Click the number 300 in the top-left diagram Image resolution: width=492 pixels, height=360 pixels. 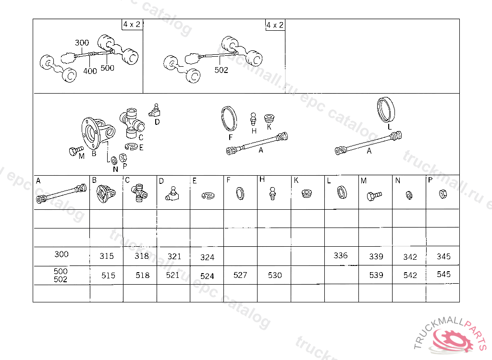[82, 43]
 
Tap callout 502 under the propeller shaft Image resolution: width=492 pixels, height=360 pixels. [221, 70]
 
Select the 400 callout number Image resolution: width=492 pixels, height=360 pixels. [90, 71]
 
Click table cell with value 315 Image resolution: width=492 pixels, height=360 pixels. [107, 256]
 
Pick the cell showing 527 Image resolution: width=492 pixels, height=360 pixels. [240, 275]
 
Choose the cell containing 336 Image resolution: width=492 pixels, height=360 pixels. [341, 255]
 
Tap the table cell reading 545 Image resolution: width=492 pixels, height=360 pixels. [443, 275]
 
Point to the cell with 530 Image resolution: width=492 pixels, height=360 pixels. [275, 275]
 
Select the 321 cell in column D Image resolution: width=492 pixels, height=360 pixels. [174, 256]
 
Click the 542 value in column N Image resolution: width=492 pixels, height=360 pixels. [410, 275]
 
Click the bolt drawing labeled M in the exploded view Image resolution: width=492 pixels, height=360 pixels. [75, 151]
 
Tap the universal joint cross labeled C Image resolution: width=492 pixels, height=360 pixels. [132, 123]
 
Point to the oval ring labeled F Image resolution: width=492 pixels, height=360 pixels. [229, 119]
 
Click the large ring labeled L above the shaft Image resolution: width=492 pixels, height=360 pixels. [386, 110]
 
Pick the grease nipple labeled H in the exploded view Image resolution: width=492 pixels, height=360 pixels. [254, 120]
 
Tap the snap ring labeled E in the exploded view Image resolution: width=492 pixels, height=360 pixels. [132, 146]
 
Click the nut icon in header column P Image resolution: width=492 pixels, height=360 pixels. [443, 194]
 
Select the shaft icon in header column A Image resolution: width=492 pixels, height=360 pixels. [61, 194]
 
